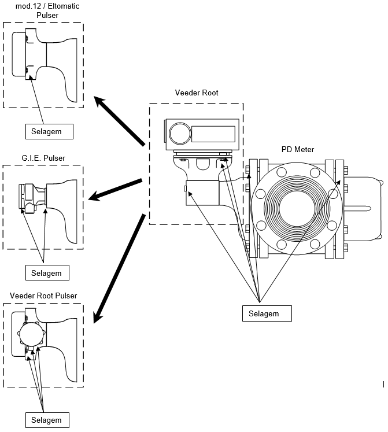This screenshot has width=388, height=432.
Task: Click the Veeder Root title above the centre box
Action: click(x=197, y=93)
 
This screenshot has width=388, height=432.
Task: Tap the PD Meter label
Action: click(x=298, y=150)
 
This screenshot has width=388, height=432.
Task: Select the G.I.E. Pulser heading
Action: click(x=43, y=158)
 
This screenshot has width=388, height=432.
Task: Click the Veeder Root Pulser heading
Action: click(x=43, y=296)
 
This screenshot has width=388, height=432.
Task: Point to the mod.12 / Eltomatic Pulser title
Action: click(x=47, y=10)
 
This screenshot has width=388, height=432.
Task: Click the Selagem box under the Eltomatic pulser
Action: click(x=49, y=131)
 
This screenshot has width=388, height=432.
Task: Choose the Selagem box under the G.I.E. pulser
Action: click(x=47, y=273)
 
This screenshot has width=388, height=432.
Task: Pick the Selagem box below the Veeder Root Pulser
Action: click(x=47, y=420)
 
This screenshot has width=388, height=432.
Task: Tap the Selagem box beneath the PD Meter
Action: click(x=267, y=313)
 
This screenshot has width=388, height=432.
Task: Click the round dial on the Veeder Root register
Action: click(x=180, y=134)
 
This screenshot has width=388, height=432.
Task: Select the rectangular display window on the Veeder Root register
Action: click(x=213, y=134)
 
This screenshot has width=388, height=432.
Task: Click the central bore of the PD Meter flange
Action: click(x=297, y=208)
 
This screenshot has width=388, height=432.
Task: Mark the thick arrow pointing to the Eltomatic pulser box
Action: click(x=119, y=121)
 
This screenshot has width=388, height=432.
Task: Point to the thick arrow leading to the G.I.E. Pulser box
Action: click(x=115, y=190)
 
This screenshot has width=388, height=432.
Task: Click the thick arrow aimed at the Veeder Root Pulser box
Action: click(x=119, y=268)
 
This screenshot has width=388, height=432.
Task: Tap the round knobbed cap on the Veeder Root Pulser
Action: click(x=32, y=334)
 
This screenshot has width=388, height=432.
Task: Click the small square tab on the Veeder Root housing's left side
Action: click(x=186, y=189)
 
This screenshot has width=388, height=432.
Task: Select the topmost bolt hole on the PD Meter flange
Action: click(x=282, y=172)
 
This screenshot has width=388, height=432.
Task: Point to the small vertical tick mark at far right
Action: click(x=383, y=384)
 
